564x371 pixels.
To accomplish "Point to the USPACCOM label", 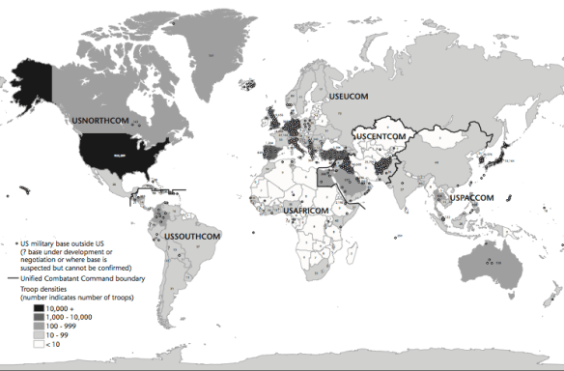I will coord(471,198).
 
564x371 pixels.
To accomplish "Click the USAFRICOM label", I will coord(310,210).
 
